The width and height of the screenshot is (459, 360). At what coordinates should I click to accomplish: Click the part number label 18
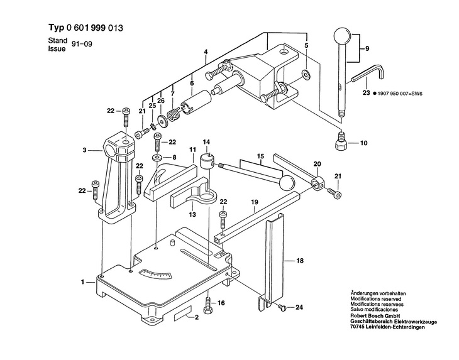point(300,261)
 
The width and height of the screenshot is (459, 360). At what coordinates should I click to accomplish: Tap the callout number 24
point(299,307)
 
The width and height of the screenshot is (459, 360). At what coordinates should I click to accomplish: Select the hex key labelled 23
point(368,74)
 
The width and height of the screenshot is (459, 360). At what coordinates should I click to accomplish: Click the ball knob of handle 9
point(341,35)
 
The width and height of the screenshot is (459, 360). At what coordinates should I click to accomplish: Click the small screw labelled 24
point(282,307)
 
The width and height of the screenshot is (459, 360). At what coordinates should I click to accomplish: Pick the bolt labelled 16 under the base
point(208,305)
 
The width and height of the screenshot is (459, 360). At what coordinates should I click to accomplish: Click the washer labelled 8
point(158,158)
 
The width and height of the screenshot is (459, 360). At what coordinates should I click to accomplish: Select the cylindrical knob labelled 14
point(207,161)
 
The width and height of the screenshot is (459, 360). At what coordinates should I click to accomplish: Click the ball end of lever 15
point(287,182)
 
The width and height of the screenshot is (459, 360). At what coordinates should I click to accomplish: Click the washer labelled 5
point(306,75)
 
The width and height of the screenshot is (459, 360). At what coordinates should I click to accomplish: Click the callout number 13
point(192,214)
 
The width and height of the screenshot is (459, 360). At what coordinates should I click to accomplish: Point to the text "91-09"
point(82,44)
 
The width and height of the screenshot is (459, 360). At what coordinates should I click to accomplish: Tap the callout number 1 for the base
point(82,282)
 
